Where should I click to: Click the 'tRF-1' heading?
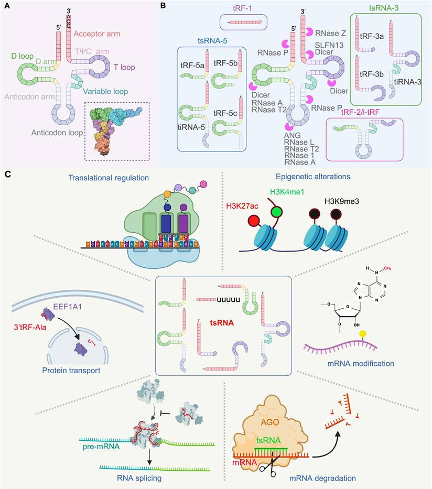[x=242, y=8]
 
